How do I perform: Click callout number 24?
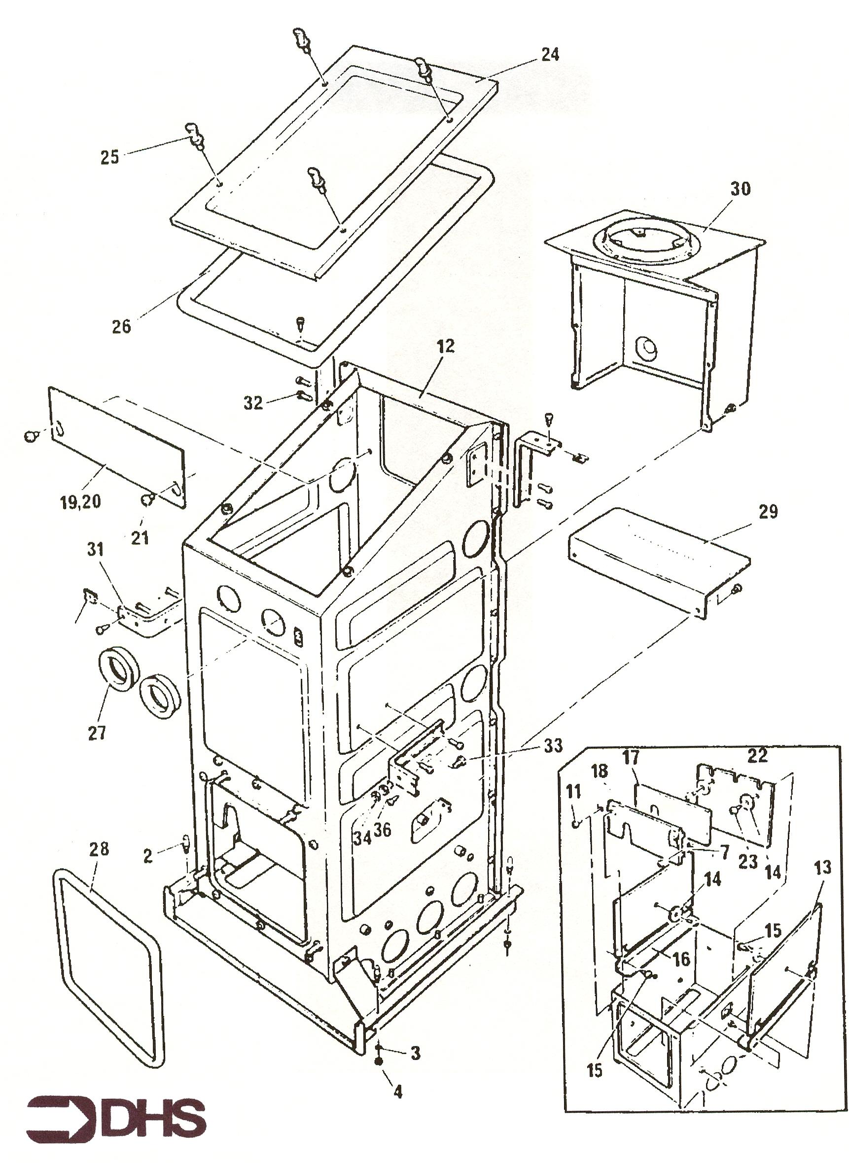tap(549, 54)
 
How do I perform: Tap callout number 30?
tap(740, 189)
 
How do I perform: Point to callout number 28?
tap(99, 849)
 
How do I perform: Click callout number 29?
tap(768, 512)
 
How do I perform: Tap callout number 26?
tap(122, 326)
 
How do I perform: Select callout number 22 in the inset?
tap(757, 755)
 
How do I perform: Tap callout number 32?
tap(253, 403)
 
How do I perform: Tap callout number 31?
tap(95, 550)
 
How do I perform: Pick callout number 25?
tap(109, 157)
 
